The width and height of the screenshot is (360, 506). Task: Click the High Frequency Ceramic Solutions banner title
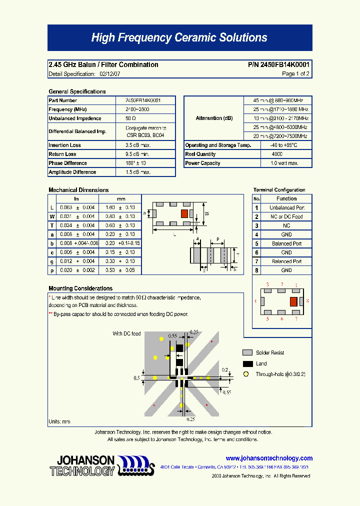point(179,38)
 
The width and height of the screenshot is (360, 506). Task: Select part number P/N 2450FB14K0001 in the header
point(278,64)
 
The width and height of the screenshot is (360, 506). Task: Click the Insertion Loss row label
point(64,145)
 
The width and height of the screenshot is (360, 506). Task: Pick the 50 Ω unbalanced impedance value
point(130,118)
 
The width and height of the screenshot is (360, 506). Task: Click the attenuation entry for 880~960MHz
point(278,100)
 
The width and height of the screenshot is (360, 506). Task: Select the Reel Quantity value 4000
point(277,154)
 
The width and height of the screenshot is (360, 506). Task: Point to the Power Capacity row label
point(202,163)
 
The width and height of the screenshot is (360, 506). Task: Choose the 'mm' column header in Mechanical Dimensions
point(120,198)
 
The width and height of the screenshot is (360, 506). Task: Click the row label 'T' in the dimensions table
point(52,225)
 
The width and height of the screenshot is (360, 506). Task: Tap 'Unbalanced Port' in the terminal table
point(286,207)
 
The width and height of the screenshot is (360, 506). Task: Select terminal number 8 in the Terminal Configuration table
point(256,270)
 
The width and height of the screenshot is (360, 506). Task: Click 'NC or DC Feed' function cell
point(286,216)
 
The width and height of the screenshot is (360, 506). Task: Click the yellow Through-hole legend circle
point(245,374)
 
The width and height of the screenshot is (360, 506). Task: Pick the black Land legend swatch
point(247,364)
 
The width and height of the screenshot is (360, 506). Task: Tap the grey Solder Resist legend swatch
point(247,352)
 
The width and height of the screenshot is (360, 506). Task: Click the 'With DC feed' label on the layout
point(126,333)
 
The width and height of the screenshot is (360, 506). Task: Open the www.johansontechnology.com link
point(269,458)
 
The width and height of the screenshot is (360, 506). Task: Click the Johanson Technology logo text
point(83,465)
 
